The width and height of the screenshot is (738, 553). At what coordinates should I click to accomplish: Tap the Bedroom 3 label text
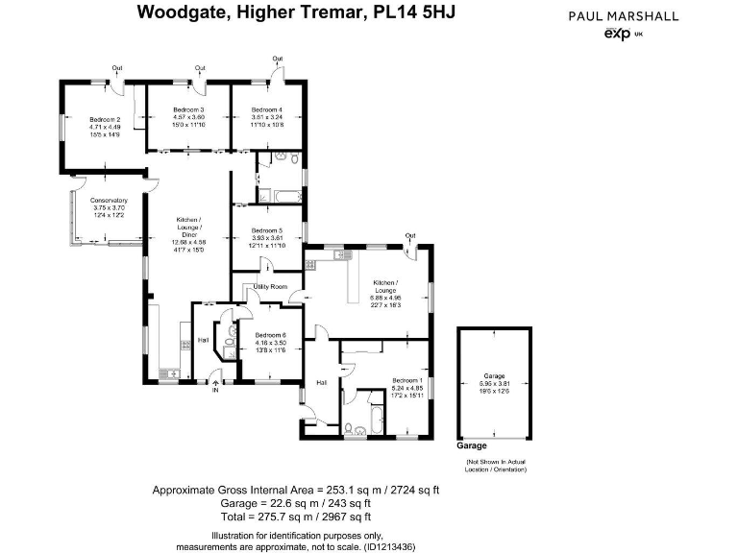[x=188, y=110]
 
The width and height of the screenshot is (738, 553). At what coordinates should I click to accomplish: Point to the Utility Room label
[x=270, y=287]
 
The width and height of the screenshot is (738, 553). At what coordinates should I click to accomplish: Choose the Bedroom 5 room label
[x=267, y=230]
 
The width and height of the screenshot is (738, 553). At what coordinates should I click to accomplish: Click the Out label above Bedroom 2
[x=116, y=68]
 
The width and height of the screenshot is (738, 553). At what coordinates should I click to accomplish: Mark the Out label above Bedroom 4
[x=277, y=60]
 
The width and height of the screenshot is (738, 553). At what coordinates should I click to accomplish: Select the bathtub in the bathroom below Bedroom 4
[x=285, y=197]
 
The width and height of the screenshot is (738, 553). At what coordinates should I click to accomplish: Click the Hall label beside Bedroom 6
[x=203, y=340]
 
